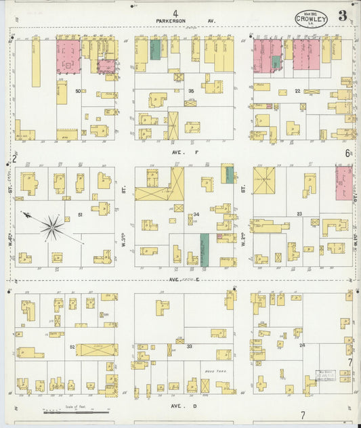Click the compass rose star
(x=51, y=227)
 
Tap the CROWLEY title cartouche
(x=311, y=20)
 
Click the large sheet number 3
(x=343, y=16)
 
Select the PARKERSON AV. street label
(x=185, y=21)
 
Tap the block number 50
(x=79, y=91)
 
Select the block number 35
(x=191, y=91)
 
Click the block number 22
(x=297, y=91)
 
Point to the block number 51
(x=80, y=215)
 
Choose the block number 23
(x=298, y=214)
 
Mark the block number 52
(x=72, y=346)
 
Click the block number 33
(x=190, y=346)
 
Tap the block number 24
(x=301, y=345)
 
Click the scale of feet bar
(x=75, y=410)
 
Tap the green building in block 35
(x=155, y=49)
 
